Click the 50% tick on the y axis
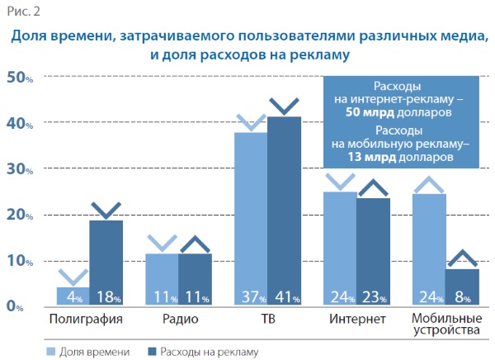point(19,77)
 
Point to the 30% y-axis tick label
point(19,168)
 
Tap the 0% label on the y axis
point(15,306)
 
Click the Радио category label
point(179,319)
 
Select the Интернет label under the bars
point(356,319)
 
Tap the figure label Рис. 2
point(25,11)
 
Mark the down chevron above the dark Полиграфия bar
point(106,206)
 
